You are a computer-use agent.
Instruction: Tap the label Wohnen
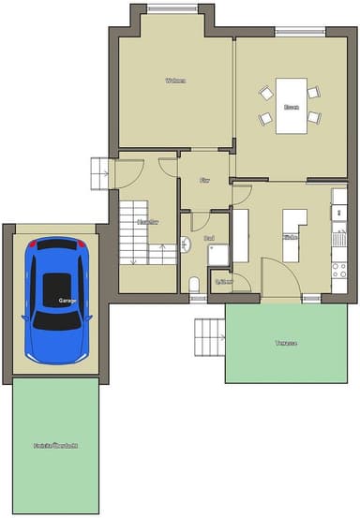174,81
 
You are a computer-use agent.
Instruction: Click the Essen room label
292,108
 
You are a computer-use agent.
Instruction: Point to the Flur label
205,179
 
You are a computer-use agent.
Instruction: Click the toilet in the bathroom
194,285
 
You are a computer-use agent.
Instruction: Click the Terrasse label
286,343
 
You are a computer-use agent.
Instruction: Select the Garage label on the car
67,302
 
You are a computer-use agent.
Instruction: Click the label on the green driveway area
55,445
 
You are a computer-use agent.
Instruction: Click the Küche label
291,238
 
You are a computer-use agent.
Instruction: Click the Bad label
209,239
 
